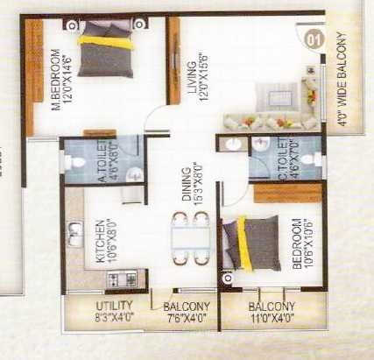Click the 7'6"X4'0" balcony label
click(x=186, y=311)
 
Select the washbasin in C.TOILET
click(x=234, y=145)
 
